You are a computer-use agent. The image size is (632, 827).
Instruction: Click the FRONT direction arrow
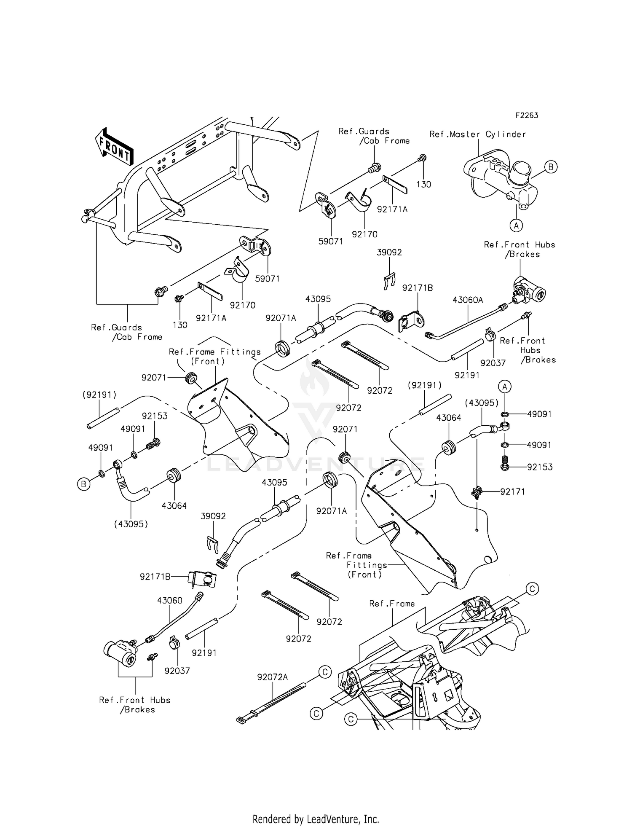[114, 147]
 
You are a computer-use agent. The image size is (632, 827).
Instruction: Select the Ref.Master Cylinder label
[478, 134]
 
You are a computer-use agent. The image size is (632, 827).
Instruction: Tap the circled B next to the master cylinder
[550, 167]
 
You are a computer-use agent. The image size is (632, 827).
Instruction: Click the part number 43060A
[468, 300]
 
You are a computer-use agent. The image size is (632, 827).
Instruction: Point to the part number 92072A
[273, 677]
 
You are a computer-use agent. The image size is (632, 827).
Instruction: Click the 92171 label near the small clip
[513, 491]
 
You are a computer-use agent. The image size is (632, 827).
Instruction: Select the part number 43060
[170, 600]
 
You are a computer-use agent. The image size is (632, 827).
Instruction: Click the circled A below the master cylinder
[516, 226]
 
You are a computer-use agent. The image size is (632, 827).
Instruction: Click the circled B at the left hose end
[83, 484]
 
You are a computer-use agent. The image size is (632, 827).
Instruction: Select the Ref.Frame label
[392, 604]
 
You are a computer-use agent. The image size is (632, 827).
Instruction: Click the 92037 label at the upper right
[493, 363]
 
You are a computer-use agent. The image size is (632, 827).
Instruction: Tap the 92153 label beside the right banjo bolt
[540, 467]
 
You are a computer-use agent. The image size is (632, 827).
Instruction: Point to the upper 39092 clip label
[389, 252]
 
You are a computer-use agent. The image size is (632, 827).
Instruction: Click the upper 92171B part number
[418, 288]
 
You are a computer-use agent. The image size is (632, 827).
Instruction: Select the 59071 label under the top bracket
[331, 242]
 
